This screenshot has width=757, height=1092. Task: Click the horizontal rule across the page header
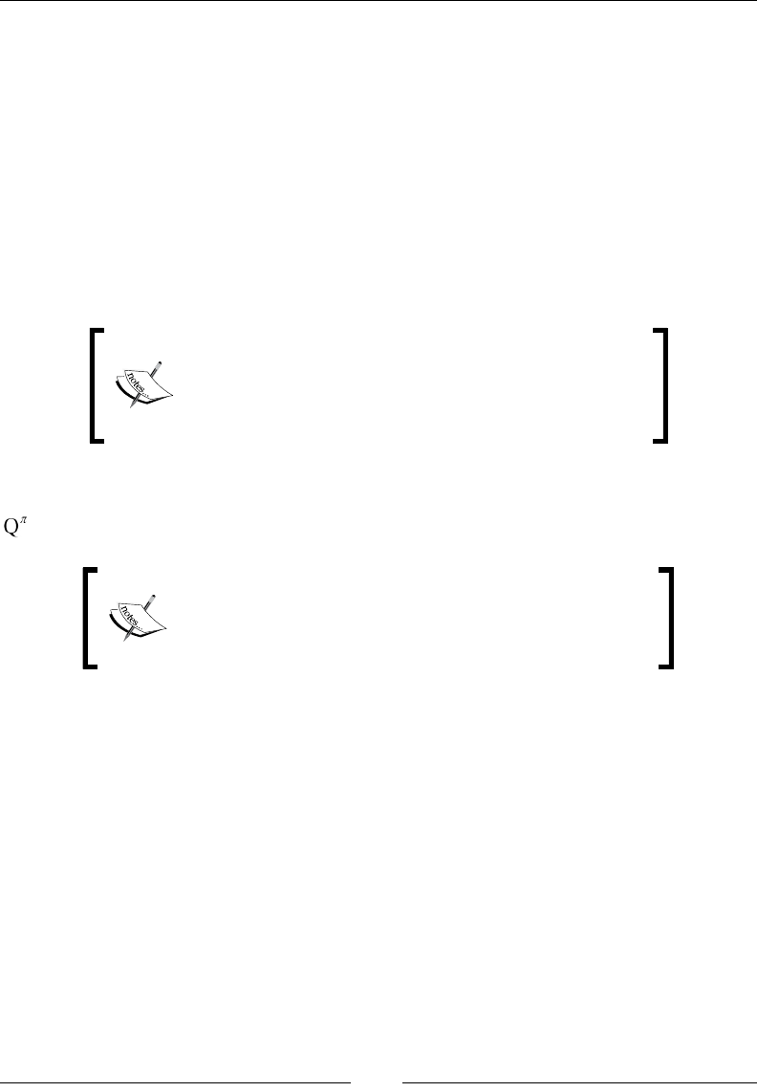[378, 1]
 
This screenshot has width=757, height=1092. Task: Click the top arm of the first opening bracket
[97, 331]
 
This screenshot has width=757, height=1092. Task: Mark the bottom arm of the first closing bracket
[659, 440]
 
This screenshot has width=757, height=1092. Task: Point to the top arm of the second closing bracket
[666, 571]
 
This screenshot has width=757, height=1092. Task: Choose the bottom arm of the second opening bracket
[93, 665]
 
